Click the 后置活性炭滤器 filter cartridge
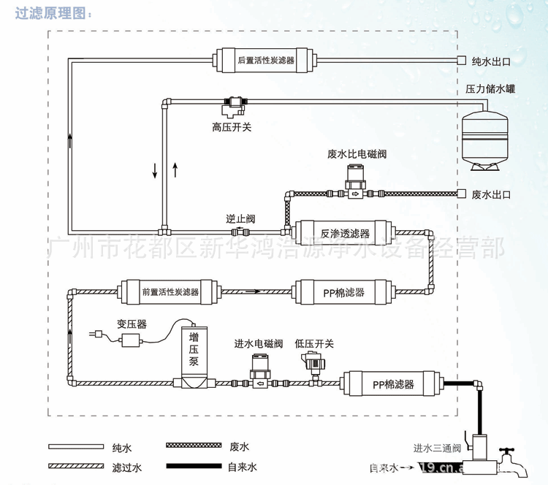(265, 61)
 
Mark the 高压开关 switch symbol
(235, 105)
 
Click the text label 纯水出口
(491, 61)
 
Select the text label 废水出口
(491, 194)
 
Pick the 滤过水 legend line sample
(77, 467)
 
